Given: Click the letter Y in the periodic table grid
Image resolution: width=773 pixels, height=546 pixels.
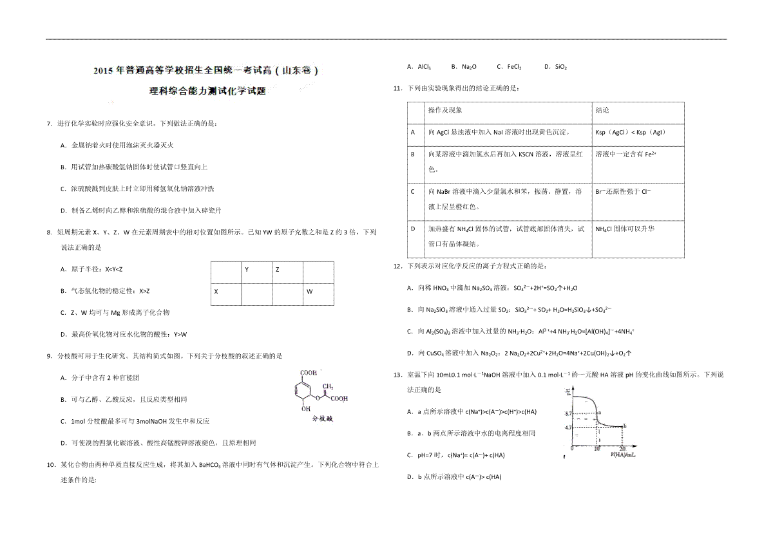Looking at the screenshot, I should [x=247, y=270].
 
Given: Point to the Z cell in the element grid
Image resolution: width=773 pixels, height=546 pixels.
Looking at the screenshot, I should [x=278, y=270].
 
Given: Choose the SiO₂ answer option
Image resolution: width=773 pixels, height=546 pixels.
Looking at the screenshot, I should [x=555, y=66].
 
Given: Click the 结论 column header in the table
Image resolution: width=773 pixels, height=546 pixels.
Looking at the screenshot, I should [x=602, y=111].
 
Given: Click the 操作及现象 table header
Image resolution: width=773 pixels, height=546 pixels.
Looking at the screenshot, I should [x=445, y=111].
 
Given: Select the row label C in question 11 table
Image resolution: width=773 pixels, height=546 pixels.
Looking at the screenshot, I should [x=412, y=192].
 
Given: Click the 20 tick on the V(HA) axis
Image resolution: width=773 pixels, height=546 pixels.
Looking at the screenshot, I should [x=622, y=448].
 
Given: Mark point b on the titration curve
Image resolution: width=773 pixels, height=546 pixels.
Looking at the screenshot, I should [x=624, y=426].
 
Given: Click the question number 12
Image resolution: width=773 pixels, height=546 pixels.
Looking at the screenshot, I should [x=397, y=266].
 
